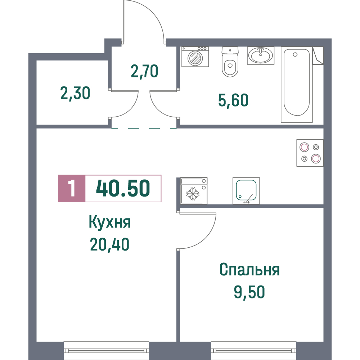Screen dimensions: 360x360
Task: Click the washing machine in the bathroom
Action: pyautogui.click(x=195, y=57)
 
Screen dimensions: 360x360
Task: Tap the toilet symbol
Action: pyautogui.click(x=230, y=62)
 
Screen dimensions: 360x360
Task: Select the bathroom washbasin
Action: pyautogui.click(x=261, y=55)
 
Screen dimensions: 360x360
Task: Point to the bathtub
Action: pyautogui.click(x=297, y=85)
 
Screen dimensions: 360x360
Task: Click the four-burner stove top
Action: pyautogui.click(x=310, y=153)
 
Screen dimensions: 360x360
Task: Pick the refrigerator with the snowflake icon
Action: pyautogui.click(x=194, y=191)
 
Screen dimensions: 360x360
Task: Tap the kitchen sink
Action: pyautogui.click(x=246, y=191)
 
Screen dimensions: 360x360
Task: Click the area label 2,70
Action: pyautogui.click(x=144, y=71)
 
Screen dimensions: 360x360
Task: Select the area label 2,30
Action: pyautogui.click(x=75, y=94)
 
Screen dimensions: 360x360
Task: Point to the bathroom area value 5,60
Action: pyautogui.click(x=233, y=100)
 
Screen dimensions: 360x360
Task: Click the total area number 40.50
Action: pyautogui.click(x=123, y=188)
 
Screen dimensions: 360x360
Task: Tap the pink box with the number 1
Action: pyautogui.click(x=72, y=189)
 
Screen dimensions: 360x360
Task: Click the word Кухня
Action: pyautogui.click(x=110, y=222)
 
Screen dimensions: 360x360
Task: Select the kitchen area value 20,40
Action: pyautogui.click(x=109, y=244)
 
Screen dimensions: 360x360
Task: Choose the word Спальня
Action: pyautogui.click(x=249, y=270)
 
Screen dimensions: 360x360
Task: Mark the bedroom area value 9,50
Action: pyautogui.click(x=249, y=292)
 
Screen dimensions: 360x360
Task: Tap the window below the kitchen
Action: pyautogui.click(x=106, y=351)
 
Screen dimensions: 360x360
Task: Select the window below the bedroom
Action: pyautogui.click(x=254, y=351)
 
